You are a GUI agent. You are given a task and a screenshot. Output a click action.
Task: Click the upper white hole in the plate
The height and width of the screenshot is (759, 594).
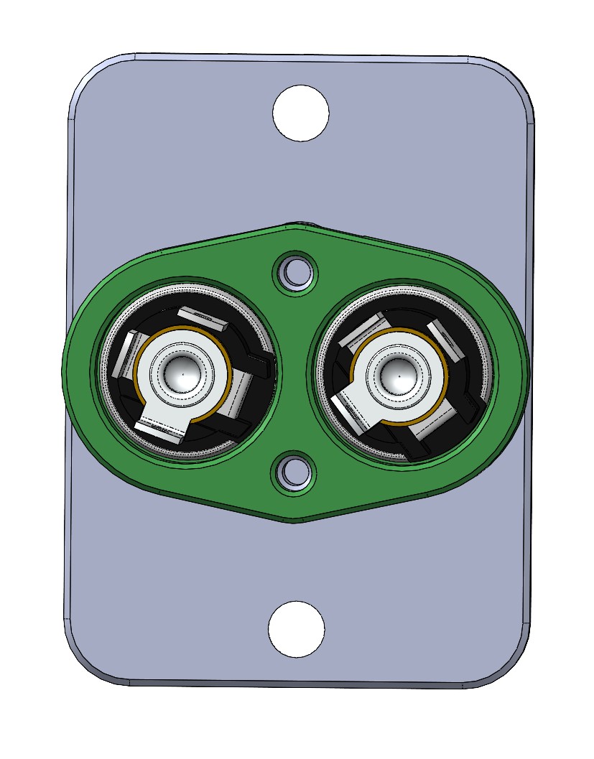point(301,113)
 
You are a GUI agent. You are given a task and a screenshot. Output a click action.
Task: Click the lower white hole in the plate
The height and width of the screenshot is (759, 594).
point(296,629)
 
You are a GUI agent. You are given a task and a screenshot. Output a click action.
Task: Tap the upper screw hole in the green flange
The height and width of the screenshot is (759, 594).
point(295,271)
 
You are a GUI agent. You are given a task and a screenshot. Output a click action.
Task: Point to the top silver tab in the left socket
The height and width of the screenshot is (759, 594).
point(203,318)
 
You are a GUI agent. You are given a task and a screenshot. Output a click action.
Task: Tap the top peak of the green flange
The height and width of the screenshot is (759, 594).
point(294,227)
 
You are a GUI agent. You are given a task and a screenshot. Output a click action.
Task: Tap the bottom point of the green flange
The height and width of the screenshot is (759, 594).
point(294,520)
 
